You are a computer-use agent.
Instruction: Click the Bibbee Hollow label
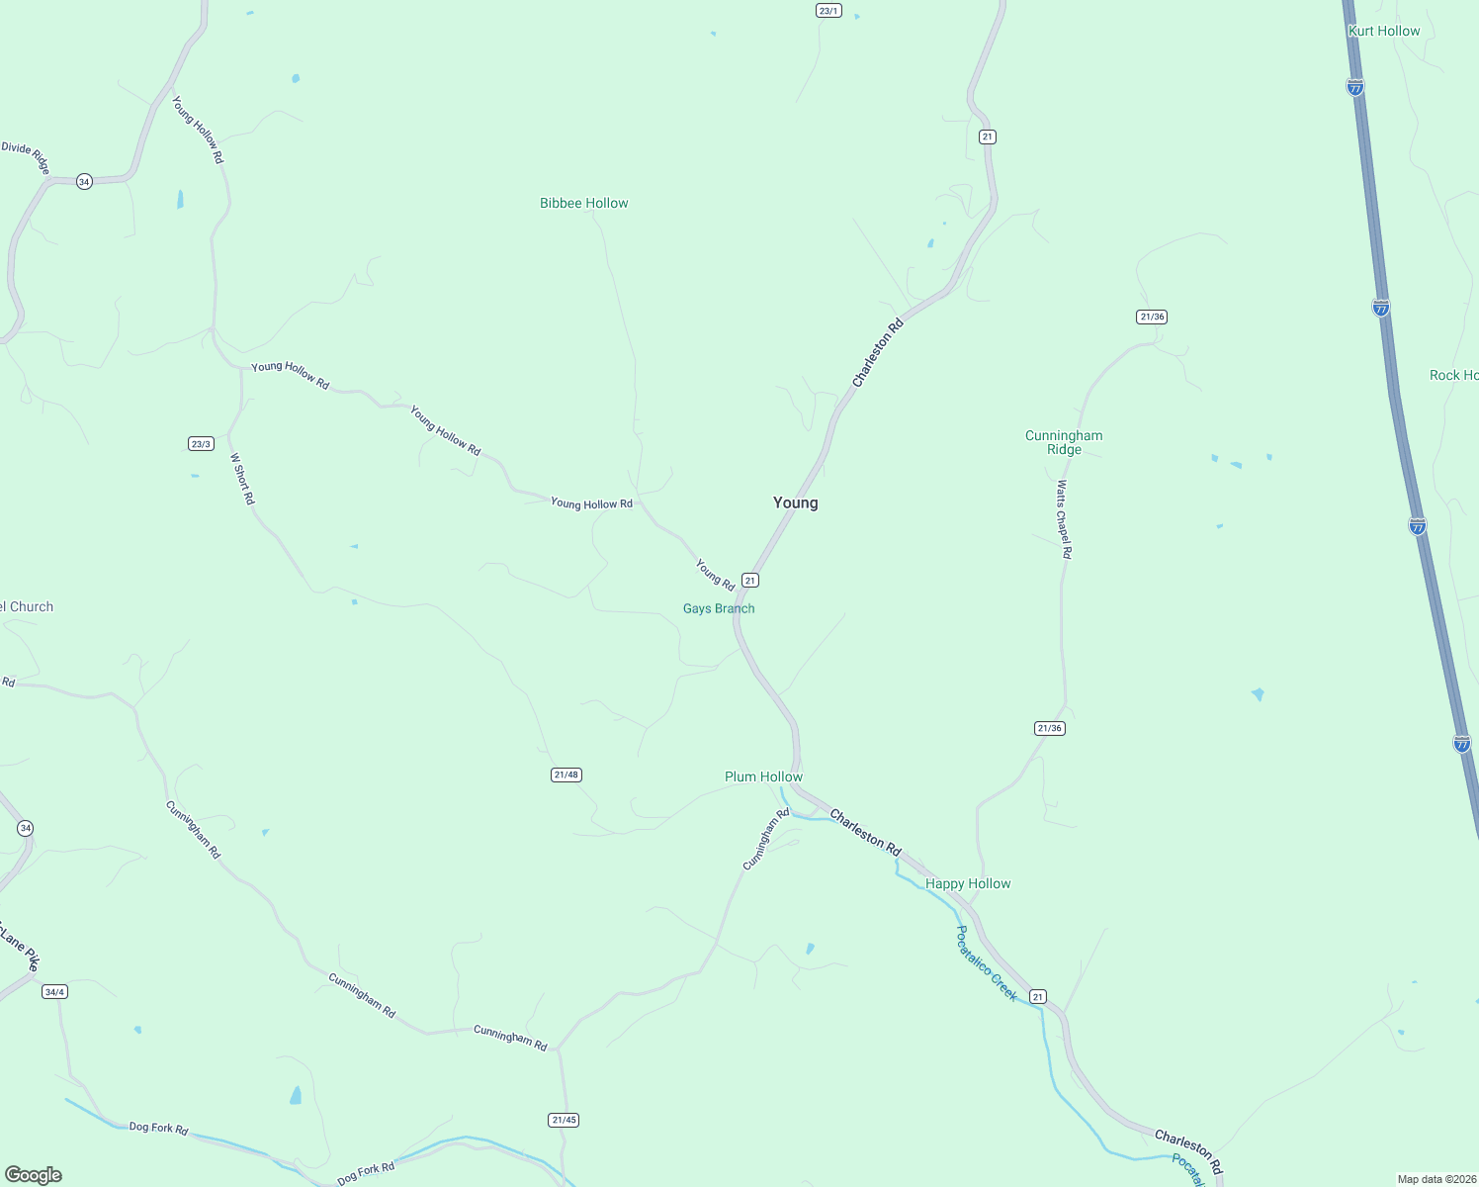[583, 203]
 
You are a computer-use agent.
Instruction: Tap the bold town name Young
[795, 502]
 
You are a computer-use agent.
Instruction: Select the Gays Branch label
[719, 608]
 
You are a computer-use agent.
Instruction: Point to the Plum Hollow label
[763, 776]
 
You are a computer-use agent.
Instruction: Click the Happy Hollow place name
[968, 883]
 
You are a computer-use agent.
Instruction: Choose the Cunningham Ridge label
[1064, 442]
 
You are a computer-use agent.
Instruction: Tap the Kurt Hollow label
[1384, 31]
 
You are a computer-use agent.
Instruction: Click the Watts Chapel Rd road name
[1064, 520]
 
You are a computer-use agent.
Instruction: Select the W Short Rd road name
[242, 479]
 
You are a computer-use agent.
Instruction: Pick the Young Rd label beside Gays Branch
[715, 575]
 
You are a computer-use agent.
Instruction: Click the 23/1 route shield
[828, 11]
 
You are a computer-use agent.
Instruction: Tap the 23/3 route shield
[201, 444]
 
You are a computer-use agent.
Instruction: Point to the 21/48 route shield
[565, 775]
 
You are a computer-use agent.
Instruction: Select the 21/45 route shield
[564, 1120]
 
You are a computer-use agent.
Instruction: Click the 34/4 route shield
[54, 991]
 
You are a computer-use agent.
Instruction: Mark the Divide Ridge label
[26, 156]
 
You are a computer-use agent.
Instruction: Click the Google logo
[34, 1174]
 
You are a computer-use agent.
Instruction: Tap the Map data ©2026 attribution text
[1435, 1179]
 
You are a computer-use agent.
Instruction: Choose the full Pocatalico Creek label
[986, 963]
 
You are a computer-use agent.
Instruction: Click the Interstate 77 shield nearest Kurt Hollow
[1355, 88]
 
